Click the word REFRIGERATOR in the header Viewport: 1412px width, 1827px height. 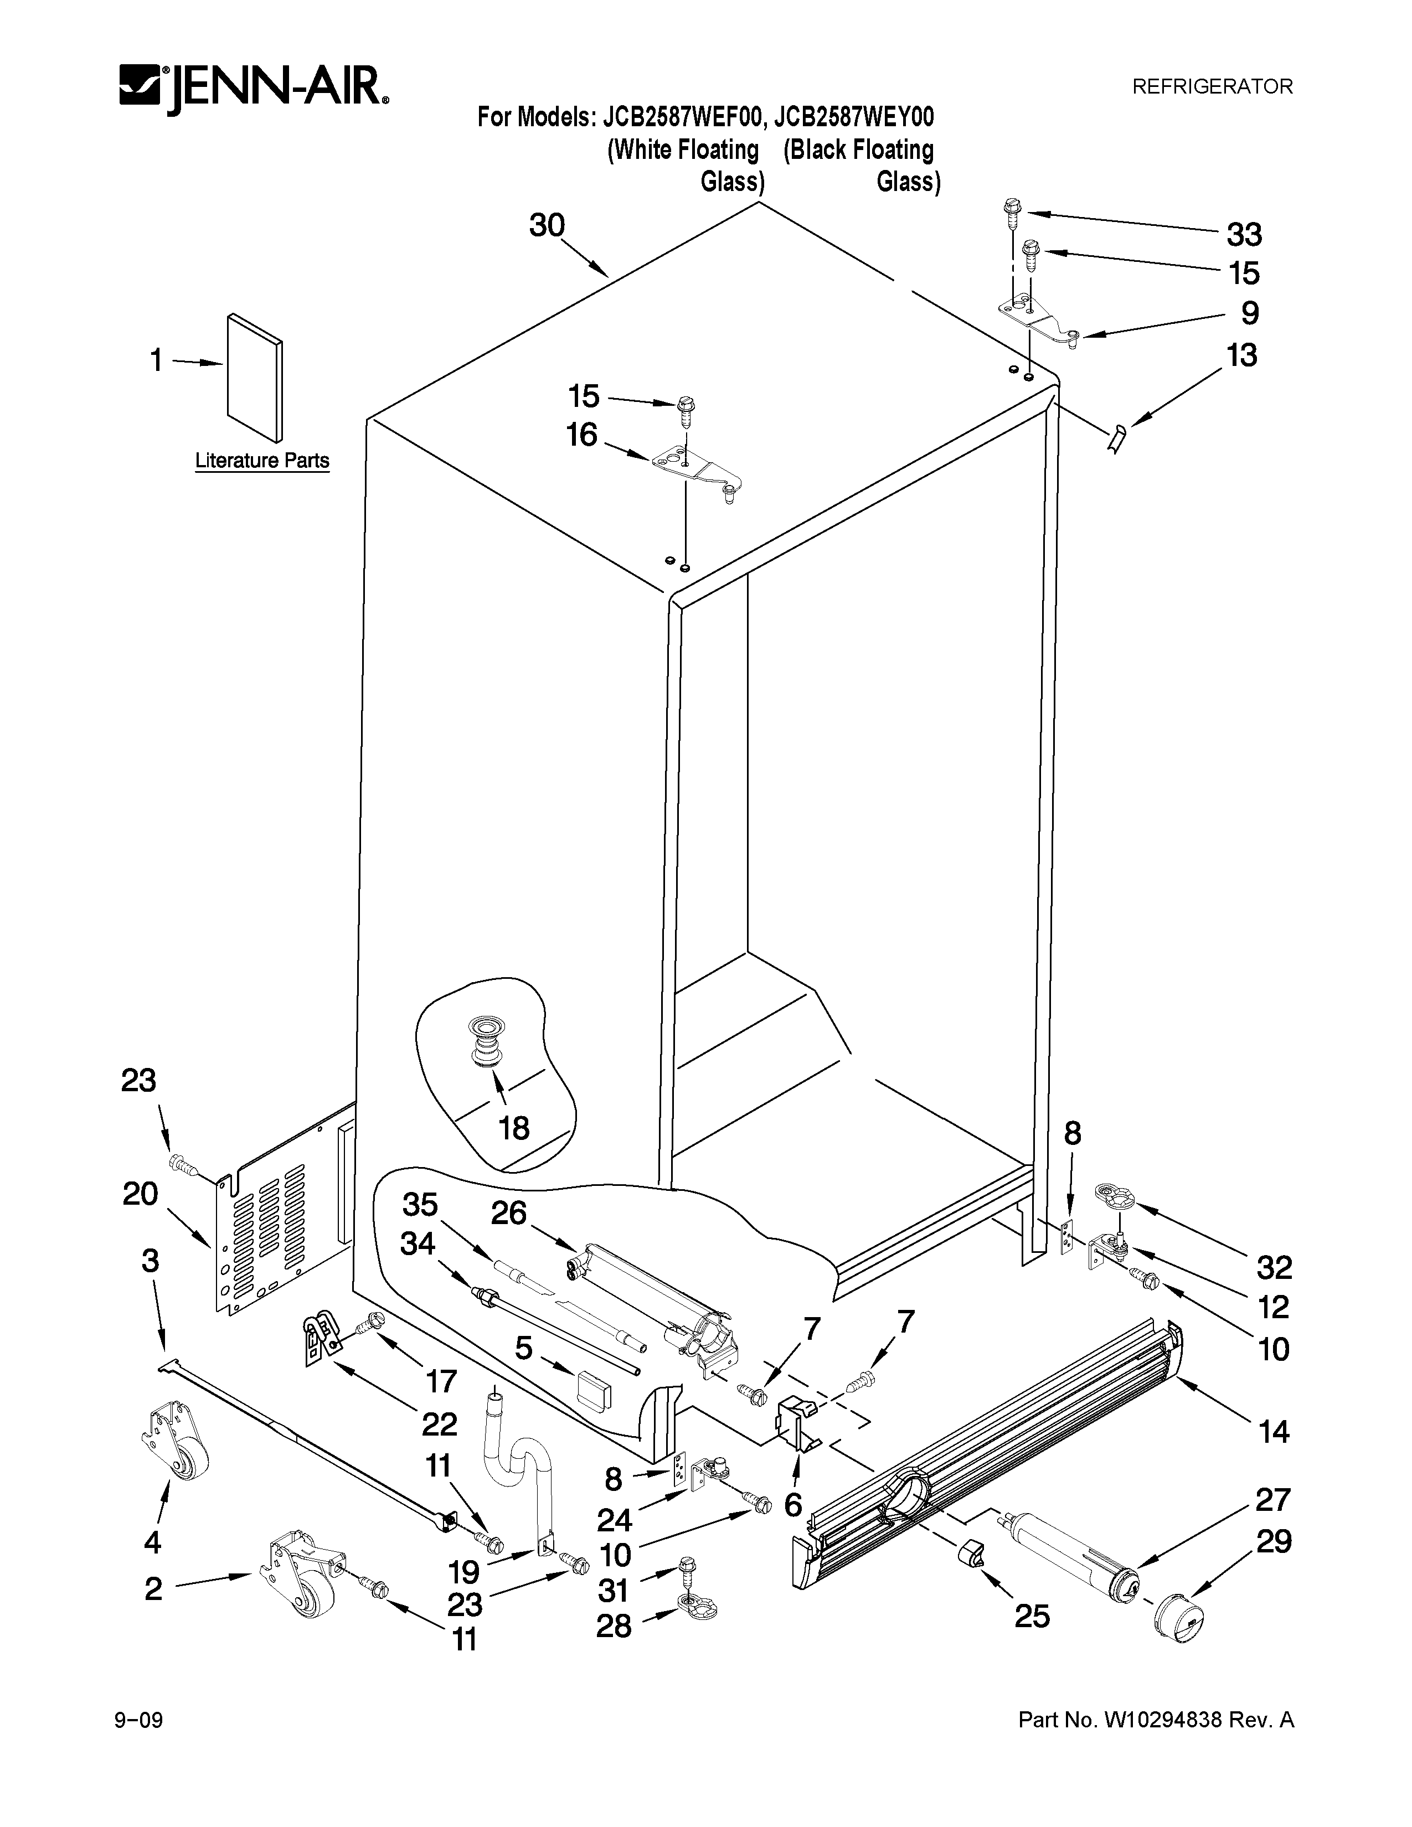[1212, 86]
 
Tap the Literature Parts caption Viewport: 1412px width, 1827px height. [262, 460]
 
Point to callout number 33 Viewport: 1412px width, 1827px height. [1244, 235]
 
